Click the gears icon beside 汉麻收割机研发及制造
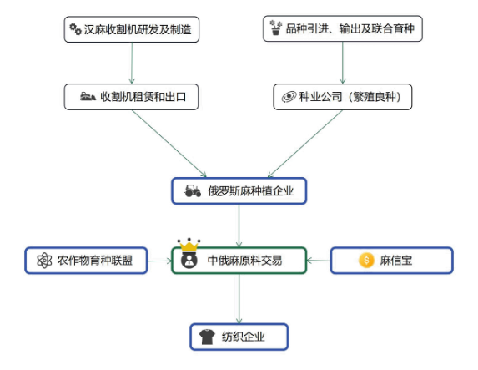coord(75,29)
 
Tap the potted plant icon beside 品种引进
coord(276,28)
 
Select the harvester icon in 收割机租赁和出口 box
coord(88,97)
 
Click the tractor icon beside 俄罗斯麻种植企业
coord(193,190)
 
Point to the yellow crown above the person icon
coord(189,245)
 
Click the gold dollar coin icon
coord(366,261)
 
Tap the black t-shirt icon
coord(207,337)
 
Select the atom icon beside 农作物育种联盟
coord(44,261)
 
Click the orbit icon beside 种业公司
coord(289,97)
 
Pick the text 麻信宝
coord(396,261)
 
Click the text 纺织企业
coord(243,337)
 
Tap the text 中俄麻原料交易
coord(244,261)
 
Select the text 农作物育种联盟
coord(95,261)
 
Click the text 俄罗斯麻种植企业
coord(250,190)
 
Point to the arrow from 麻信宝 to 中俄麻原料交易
coord(319,261)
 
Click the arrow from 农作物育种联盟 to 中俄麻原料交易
coord(159,261)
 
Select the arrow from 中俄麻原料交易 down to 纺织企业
coord(239,298)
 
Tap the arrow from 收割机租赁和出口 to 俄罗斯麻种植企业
coord(169,144)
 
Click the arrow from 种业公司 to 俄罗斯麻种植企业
coord(304,144)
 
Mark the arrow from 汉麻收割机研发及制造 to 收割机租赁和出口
coord(132,63)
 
